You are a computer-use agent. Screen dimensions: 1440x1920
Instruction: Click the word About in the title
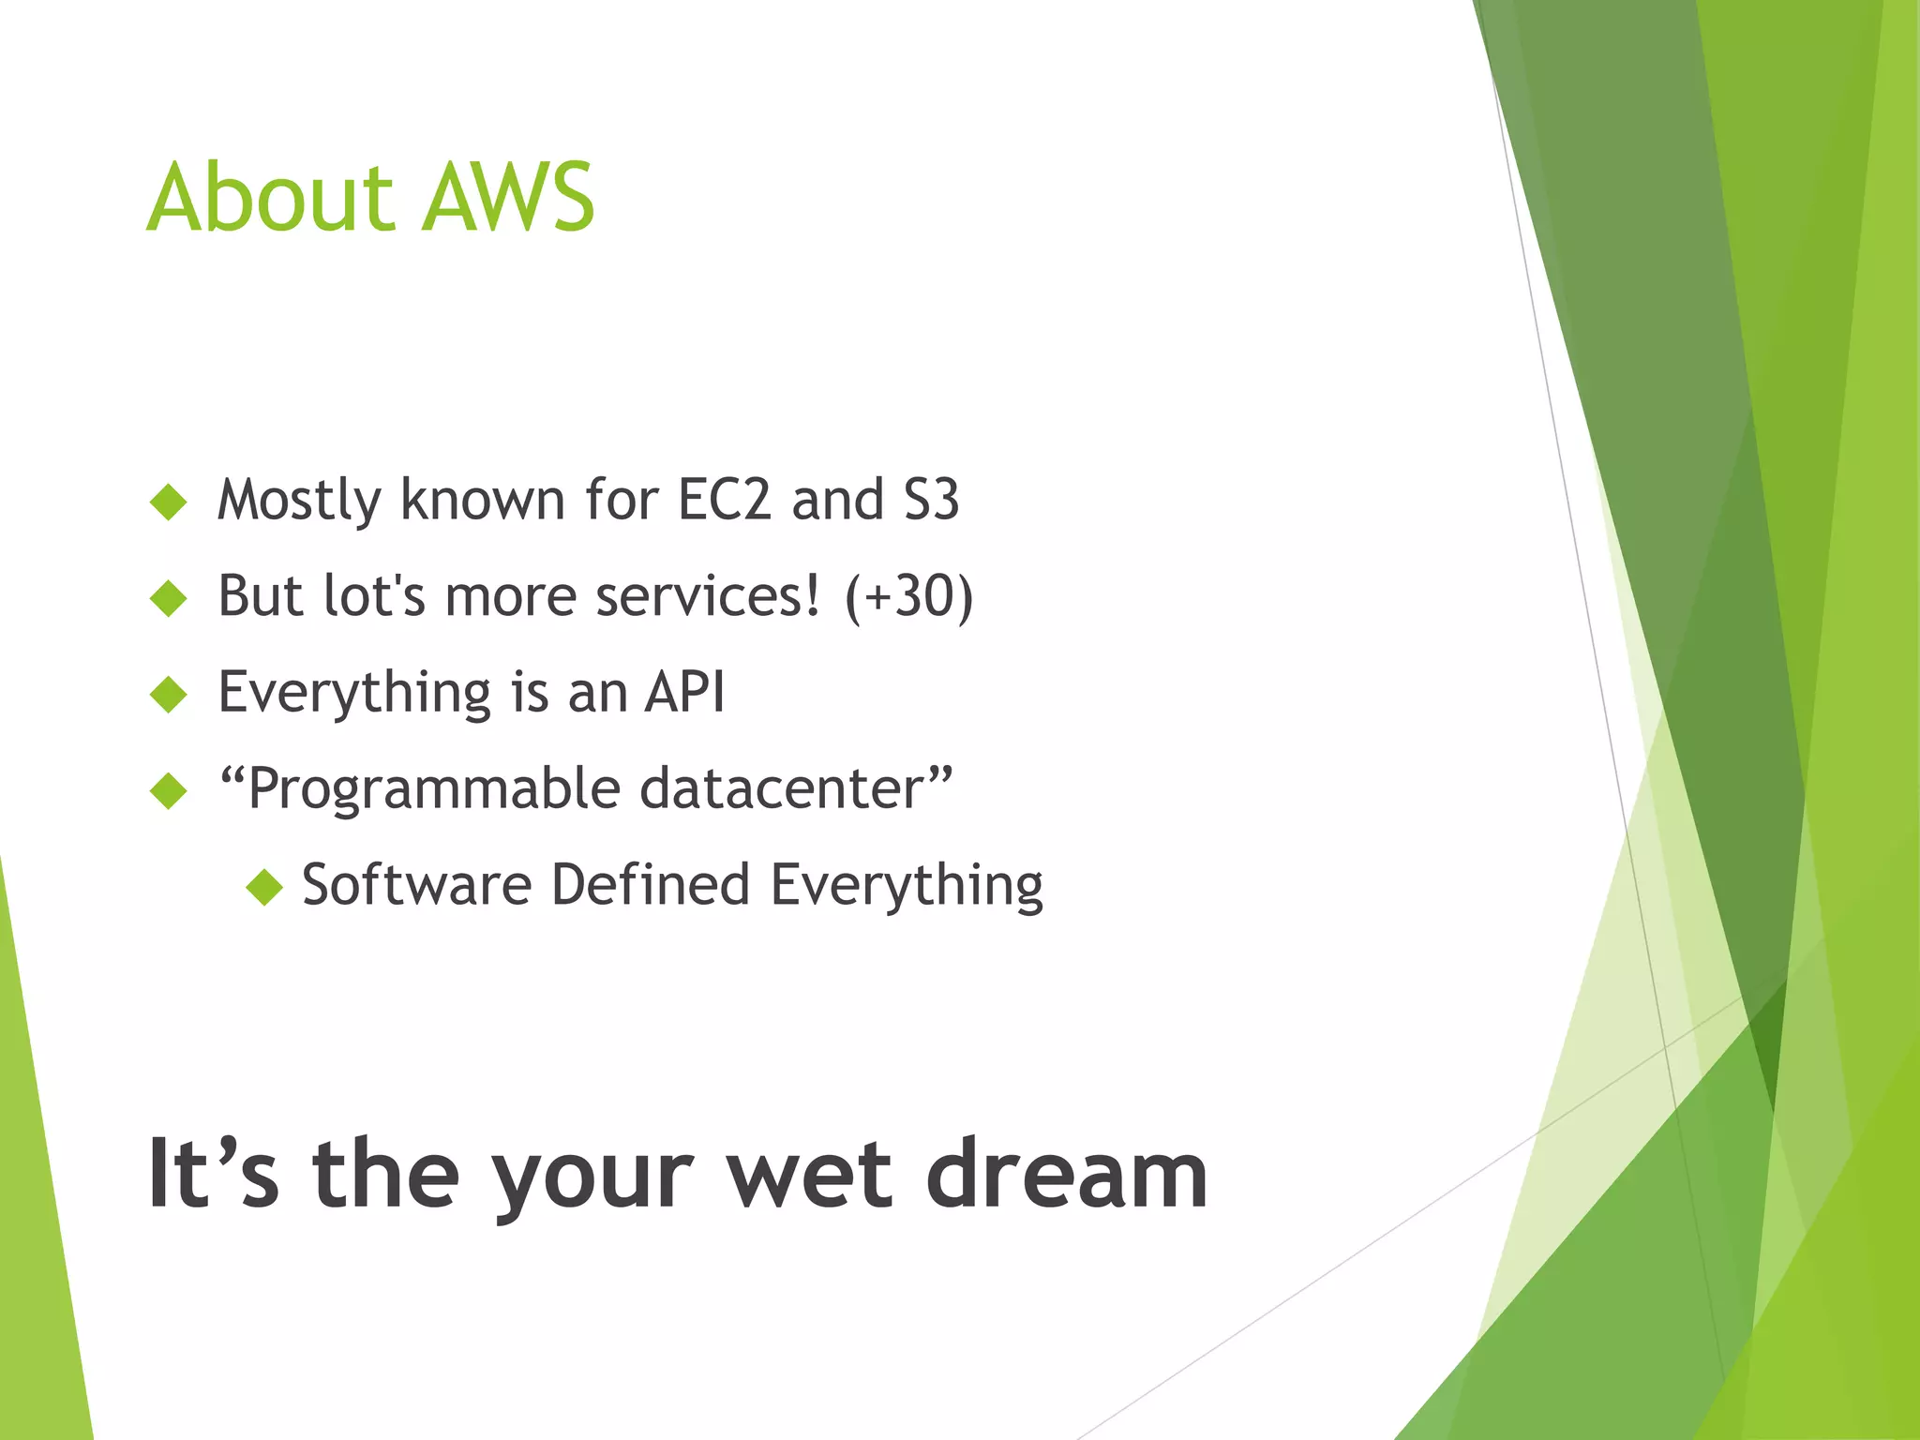pos(270,199)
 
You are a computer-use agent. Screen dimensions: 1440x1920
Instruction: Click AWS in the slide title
pos(507,199)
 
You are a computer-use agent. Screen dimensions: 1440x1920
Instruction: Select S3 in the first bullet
pos(931,500)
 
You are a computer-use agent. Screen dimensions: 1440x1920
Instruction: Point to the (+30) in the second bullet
pos(908,597)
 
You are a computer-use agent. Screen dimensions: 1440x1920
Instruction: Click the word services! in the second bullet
pos(708,597)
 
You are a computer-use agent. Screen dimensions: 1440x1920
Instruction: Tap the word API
pos(684,693)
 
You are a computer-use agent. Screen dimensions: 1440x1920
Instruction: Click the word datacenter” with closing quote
pos(796,788)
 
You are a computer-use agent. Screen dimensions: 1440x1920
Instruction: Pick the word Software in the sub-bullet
pos(416,885)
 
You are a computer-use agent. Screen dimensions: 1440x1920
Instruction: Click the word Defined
pos(651,885)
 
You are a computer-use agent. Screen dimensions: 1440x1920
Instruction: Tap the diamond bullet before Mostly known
pos(169,502)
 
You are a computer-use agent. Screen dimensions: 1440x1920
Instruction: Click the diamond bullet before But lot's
pos(169,598)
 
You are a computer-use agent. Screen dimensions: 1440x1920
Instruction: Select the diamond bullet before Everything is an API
pos(169,695)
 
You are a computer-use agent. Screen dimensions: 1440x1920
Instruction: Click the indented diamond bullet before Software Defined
pos(264,887)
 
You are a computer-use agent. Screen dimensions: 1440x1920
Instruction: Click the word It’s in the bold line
pos(213,1175)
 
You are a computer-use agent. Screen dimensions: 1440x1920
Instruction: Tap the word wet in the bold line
pos(810,1175)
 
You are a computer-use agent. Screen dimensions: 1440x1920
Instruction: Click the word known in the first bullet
pos(482,500)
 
